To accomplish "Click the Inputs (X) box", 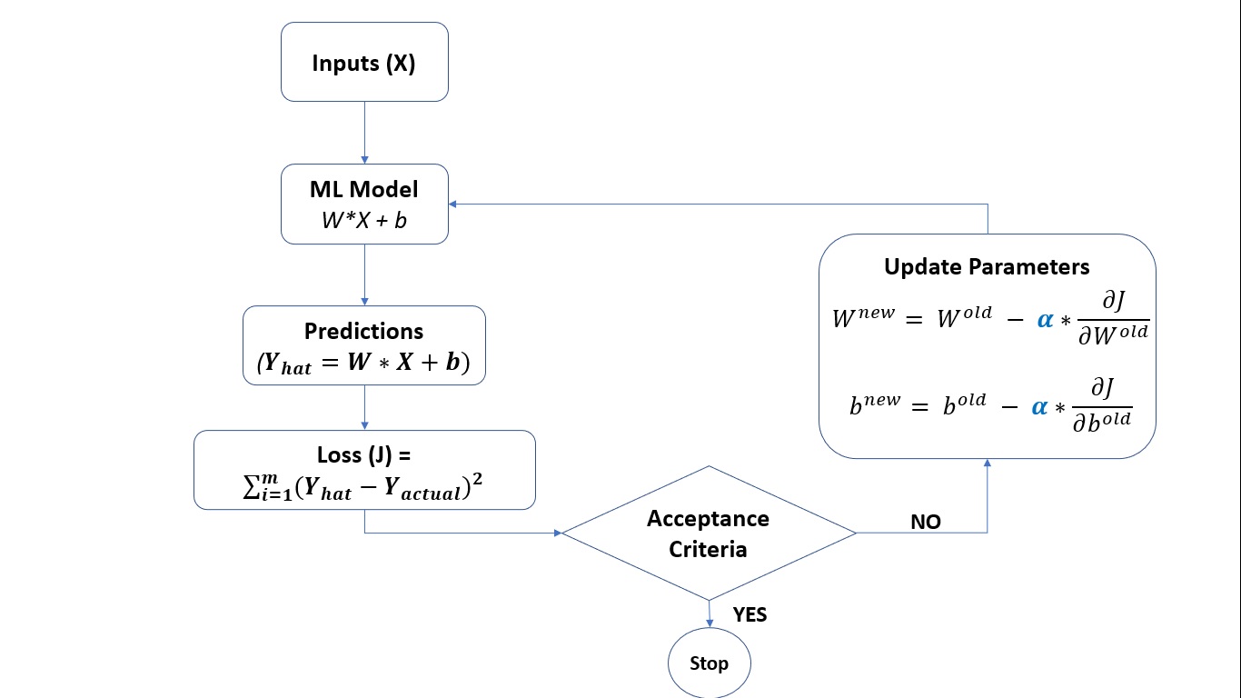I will click(x=364, y=62).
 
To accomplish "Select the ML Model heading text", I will click(x=364, y=190).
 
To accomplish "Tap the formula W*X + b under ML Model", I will click(x=364, y=221).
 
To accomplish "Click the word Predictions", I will click(x=364, y=331).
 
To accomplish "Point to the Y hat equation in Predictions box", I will click(x=364, y=363).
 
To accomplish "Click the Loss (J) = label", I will click(x=364, y=454).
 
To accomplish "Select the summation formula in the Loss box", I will click(x=364, y=488).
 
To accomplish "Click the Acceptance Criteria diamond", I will click(x=708, y=533).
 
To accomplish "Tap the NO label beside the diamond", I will click(x=925, y=522).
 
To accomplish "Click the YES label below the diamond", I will click(x=750, y=615).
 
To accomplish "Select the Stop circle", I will click(x=709, y=663).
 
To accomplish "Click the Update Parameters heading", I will click(x=987, y=267).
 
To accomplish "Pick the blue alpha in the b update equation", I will click(x=1039, y=407).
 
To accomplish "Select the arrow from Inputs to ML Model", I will click(x=364, y=132).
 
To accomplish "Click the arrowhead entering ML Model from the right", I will click(x=454, y=204).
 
